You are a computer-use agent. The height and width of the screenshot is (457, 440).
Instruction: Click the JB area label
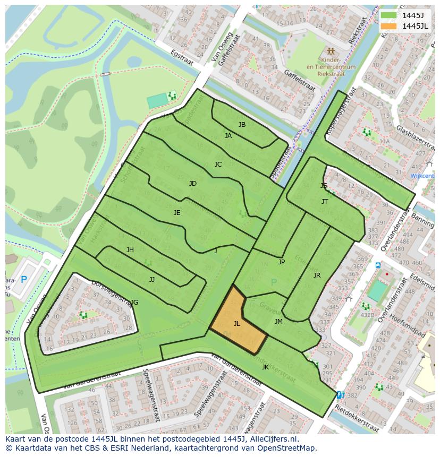pos(242,125)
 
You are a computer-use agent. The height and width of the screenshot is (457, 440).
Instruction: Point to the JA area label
pos(228,136)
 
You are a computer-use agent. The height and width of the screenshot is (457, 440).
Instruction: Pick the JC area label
pos(218,165)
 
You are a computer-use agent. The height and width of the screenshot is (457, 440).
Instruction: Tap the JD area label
pos(193,184)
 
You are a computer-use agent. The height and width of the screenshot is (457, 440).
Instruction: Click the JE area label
pos(177,212)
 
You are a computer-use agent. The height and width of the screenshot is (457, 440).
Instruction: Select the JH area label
pos(130,250)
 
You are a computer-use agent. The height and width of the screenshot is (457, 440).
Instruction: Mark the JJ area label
pos(152,279)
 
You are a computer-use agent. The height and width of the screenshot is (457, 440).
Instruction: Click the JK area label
pos(265,367)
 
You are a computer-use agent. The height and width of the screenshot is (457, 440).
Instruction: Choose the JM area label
pos(278,322)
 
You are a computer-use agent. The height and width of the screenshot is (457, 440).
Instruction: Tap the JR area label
pos(317,275)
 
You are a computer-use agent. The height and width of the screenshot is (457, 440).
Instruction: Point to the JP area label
pos(282,262)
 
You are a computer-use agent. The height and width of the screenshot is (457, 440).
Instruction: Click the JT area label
pos(325,202)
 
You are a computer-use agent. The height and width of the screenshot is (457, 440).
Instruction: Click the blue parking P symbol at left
pos(23,279)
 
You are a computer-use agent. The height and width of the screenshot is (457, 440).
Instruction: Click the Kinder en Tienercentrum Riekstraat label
pos(331,67)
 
